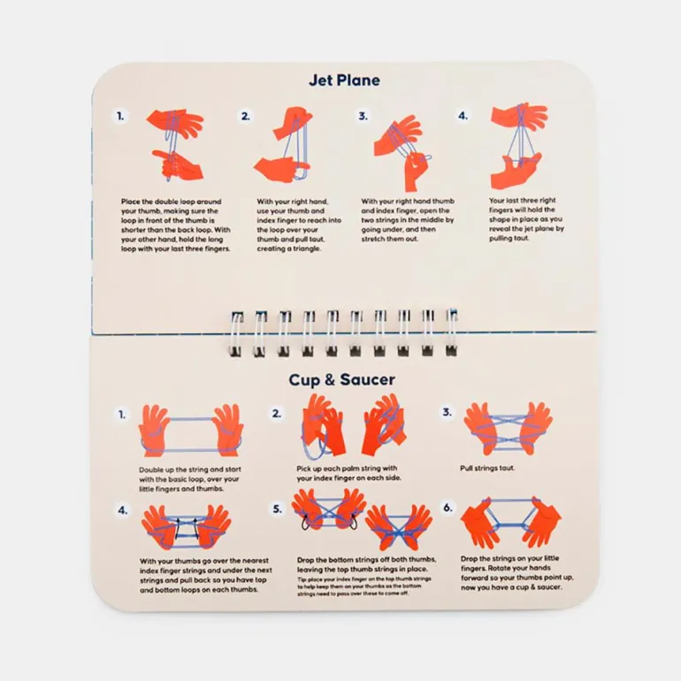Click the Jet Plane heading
click(x=344, y=80)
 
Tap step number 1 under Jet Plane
click(x=122, y=116)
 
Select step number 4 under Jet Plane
click(x=463, y=116)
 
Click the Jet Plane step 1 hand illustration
click(x=174, y=146)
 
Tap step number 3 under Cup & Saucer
click(x=448, y=413)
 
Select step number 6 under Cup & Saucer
click(x=448, y=509)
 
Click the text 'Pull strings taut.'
click(x=483, y=467)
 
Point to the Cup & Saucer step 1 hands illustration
click(x=190, y=431)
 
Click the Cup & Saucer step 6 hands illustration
click(x=510, y=522)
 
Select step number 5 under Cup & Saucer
click(x=278, y=509)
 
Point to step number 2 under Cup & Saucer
click(x=278, y=413)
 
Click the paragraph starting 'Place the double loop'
click(x=177, y=225)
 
